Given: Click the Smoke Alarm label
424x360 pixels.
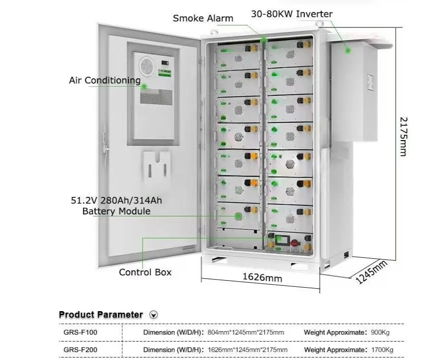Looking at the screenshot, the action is click(203, 18).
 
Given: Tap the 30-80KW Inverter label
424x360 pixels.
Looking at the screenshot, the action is click(292, 14).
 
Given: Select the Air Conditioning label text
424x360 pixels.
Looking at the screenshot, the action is click(105, 80).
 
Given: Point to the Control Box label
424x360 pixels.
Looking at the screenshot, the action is click(145, 272).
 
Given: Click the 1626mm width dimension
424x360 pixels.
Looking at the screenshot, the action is click(262, 277).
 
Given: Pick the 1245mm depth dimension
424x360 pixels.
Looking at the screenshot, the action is click(371, 272).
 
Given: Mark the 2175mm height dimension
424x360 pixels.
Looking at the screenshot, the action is click(404, 137).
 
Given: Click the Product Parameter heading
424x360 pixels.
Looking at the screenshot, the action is click(101, 315).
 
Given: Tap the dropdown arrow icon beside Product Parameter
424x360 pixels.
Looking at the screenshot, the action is click(154, 315).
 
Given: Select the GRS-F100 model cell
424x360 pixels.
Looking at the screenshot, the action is click(80, 333).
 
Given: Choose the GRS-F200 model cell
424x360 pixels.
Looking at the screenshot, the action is click(80, 350).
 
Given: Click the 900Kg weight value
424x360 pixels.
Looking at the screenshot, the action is click(380, 333).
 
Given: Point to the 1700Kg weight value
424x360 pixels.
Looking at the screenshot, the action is click(382, 350).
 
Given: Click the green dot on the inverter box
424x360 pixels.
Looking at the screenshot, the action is click(348, 50).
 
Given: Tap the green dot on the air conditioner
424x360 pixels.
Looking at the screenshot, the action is click(144, 87).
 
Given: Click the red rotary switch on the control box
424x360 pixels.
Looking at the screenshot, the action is click(295, 242).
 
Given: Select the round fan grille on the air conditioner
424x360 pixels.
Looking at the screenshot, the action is click(147, 66).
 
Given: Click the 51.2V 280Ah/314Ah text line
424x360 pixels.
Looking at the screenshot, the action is click(116, 200).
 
